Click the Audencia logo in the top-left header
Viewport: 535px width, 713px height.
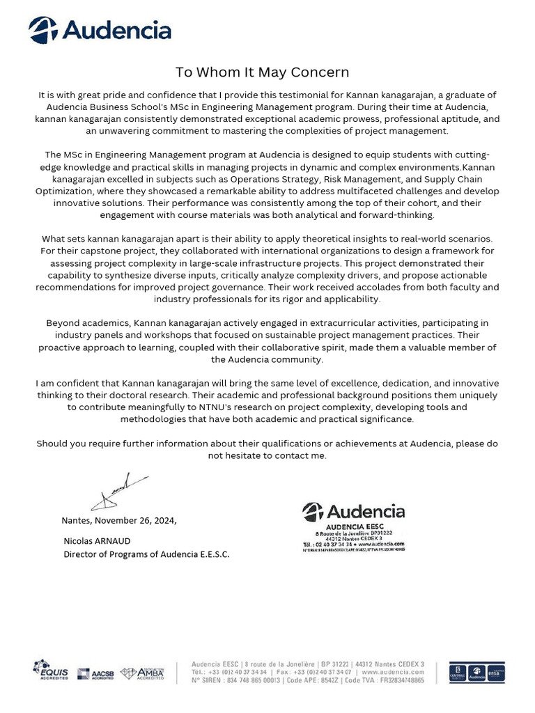coord(100,31)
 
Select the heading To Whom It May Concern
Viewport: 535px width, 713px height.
coord(262,72)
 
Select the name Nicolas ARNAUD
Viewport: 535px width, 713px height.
coord(97,541)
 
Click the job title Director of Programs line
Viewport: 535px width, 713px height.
coord(146,554)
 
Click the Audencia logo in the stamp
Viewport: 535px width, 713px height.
coord(353,512)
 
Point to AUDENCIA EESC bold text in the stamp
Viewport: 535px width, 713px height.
coord(353,527)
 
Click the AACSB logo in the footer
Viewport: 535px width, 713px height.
coord(95,673)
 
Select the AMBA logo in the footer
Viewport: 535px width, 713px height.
coord(143,673)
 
